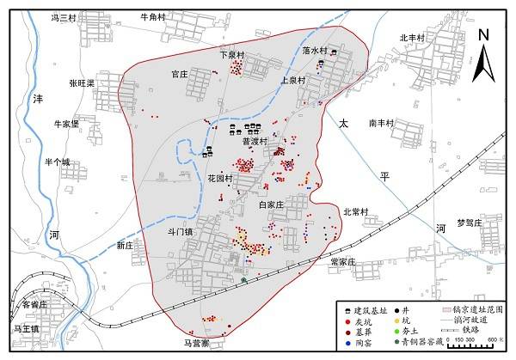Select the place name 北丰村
pyautogui.click(x=414, y=37)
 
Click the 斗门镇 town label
pyautogui.click(x=181, y=231)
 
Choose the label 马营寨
pyautogui.click(x=197, y=344)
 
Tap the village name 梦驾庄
pyautogui.click(x=472, y=222)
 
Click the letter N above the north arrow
pyautogui.click(x=484, y=34)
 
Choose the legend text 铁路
pyautogui.click(x=470, y=329)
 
